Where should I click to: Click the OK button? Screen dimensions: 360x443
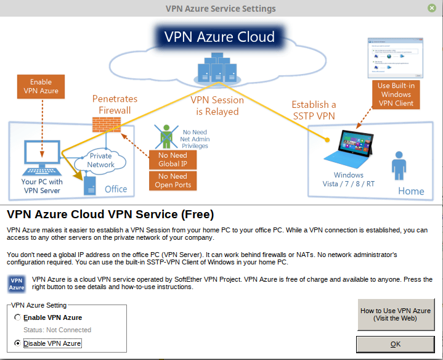(396, 344)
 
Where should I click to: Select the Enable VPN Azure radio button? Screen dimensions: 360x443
(17, 317)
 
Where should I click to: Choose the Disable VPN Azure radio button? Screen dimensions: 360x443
(17, 343)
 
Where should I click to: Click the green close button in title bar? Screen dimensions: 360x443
(433, 9)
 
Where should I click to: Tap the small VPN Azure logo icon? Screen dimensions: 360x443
(17, 284)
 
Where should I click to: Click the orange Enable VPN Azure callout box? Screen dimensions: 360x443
(41, 87)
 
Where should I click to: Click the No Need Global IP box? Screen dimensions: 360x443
(173, 160)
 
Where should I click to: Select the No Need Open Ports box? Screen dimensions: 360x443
(173, 181)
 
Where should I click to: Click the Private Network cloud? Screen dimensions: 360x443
(100, 161)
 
